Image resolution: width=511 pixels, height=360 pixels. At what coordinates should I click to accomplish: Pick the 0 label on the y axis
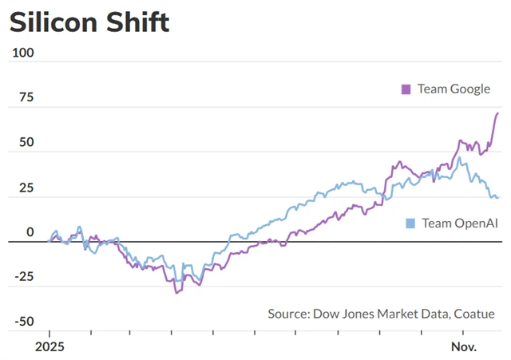click(x=30, y=232)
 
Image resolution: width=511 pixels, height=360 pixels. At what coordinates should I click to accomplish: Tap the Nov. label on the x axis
click(x=463, y=348)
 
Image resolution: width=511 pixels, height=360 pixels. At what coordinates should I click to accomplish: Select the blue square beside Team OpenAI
click(x=410, y=223)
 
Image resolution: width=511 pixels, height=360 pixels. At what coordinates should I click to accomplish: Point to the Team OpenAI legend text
click(x=459, y=223)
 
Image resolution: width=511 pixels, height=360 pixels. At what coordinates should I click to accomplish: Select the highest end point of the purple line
click(x=497, y=113)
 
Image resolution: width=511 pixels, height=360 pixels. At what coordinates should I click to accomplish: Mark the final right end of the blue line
click(x=499, y=197)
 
